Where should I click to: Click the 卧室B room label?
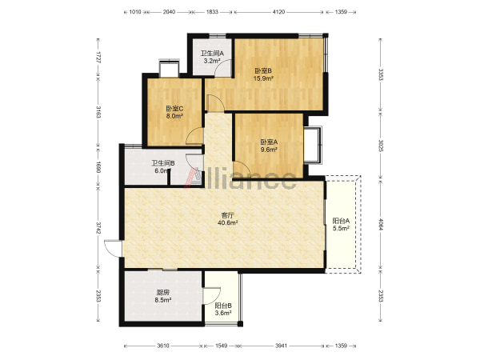point(263,70)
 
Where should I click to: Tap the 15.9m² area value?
point(263,78)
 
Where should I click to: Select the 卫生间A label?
point(212,54)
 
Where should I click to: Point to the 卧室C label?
point(174,108)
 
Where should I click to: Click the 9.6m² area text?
point(269,150)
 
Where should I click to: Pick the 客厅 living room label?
point(228,215)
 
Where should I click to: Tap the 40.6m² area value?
point(228,223)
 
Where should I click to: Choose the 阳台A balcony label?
point(341,221)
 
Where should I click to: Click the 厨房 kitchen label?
point(163,293)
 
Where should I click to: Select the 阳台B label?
point(223,306)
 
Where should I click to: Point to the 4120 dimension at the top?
point(278,12)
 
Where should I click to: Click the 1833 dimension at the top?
point(212,12)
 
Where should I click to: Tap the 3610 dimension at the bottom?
point(163,346)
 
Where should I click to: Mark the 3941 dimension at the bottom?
point(281,346)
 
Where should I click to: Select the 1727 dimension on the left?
point(98,58)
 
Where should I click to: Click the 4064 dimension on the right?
point(381,224)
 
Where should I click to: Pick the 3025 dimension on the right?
point(381,146)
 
